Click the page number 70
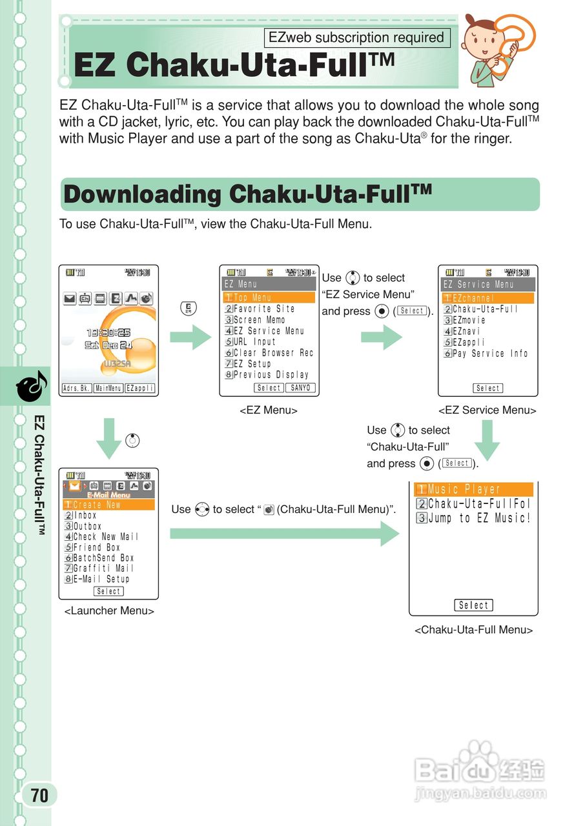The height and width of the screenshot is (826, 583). pyautogui.click(x=39, y=795)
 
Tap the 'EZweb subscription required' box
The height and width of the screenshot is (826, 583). pyautogui.click(x=356, y=38)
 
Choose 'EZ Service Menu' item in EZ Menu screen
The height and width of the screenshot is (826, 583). pyautogui.click(x=268, y=331)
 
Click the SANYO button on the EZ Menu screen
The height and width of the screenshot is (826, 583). pyautogui.click(x=300, y=388)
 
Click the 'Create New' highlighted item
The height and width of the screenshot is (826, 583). pyautogui.click(x=97, y=505)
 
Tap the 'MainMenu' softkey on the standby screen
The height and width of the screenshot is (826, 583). pyautogui.click(x=108, y=388)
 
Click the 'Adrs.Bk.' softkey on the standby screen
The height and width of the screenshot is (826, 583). pyautogui.click(x=76, y=388)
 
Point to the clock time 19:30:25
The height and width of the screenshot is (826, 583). pyautogui.click(x=108, y=333)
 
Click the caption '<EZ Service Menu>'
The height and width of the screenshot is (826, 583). pyautogui.click(x=487, y=410)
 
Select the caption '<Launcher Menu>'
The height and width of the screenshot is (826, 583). pyautogui.click(x=108, y=611)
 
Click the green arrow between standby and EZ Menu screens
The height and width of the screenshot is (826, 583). pyautogui.click(x=190, y=337)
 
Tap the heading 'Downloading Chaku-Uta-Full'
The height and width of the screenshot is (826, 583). pyautogui.click(x=247, y=194)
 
